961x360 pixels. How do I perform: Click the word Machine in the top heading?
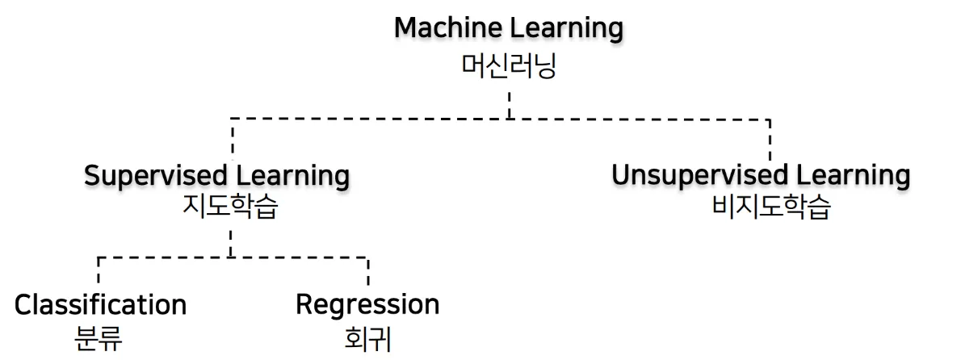(x=448, y=29)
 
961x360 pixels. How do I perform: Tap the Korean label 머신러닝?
(x=509, y=65)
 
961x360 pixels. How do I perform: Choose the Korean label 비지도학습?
(x=771, y=209)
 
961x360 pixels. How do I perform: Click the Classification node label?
(x=100, y=305)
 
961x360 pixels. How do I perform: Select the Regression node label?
(x=367, y=305)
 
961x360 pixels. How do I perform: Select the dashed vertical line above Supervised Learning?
(x=232, y=140)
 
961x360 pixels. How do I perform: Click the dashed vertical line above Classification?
(x=99, y=273)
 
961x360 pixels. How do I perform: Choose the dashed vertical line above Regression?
(x=368, y=273)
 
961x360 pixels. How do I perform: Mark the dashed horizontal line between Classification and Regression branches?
(x=234, y=258)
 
